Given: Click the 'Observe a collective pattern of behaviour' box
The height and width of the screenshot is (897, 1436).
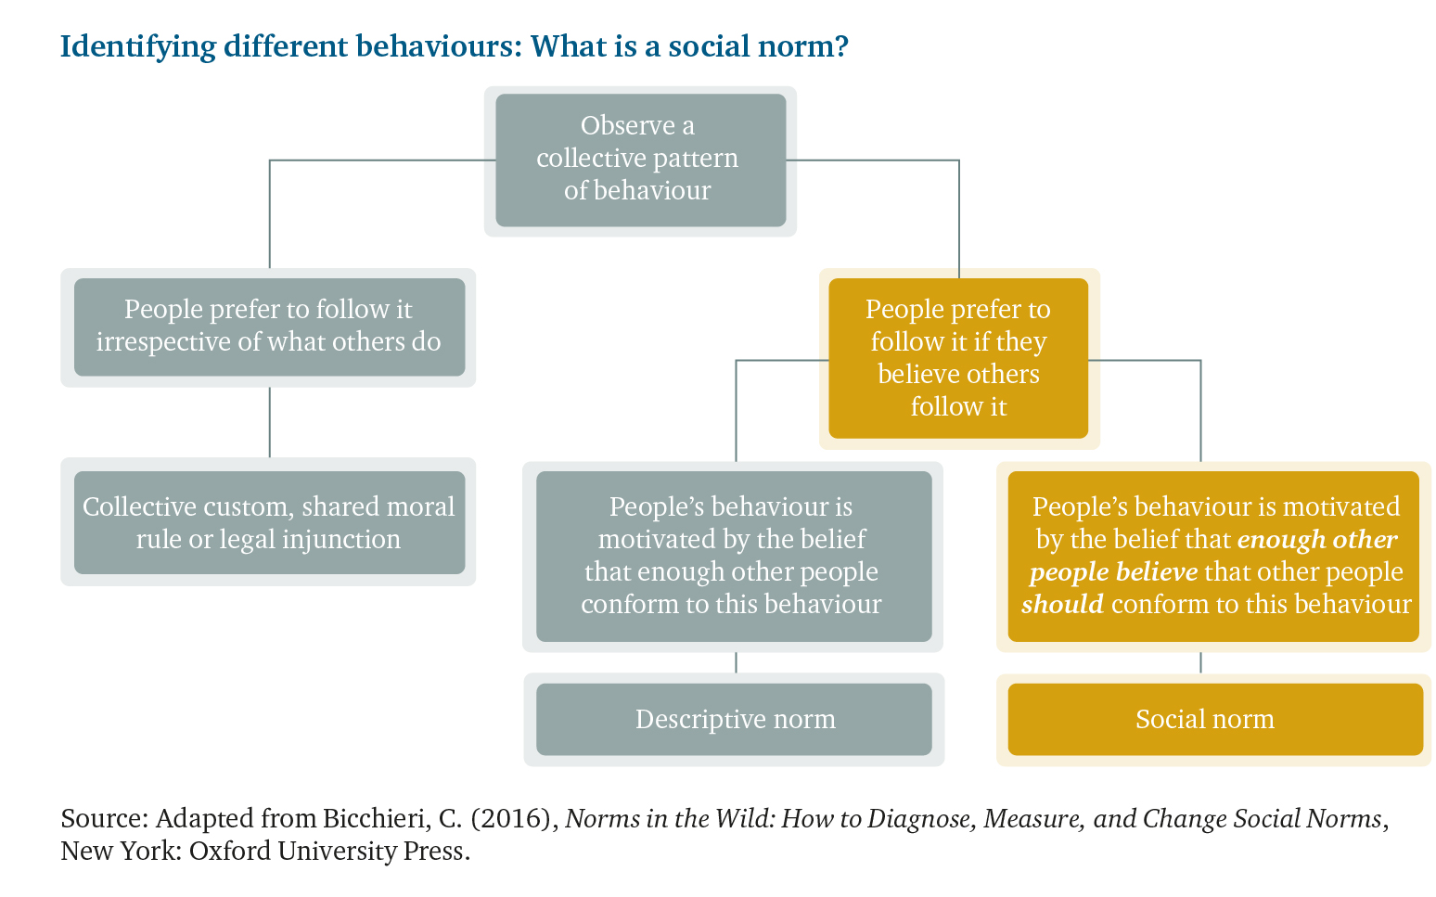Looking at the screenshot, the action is [x=640, y=160].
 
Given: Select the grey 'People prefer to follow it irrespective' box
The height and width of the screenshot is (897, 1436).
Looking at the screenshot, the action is [x=269, y=327].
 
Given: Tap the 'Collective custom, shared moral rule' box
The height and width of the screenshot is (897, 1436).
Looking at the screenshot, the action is [x=269, y=522].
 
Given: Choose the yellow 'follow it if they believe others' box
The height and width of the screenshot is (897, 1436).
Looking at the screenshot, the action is [x=958, y=358].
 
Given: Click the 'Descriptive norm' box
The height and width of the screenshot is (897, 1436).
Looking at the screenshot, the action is [x=734, y=720].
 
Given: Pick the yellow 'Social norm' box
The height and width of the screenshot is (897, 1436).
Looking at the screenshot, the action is [x=1215, y=720].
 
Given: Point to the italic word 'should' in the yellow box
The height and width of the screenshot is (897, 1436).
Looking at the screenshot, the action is [x=1062, y=604].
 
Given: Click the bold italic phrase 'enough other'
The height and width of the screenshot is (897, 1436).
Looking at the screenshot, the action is [x=1316, y=539].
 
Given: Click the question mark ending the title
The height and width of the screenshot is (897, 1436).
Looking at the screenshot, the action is [x=841, y=45].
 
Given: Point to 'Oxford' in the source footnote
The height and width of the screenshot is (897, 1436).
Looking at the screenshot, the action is [x=229, y=852].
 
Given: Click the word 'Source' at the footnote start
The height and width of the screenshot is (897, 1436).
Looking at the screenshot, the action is [x=101, y=818].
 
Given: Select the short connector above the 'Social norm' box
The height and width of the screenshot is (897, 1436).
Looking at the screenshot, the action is [x=1200, y=663].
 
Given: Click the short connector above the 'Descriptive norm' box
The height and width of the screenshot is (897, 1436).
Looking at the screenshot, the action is [x=736, y=663].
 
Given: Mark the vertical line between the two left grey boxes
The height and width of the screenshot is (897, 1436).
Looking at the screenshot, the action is [x=270, y=423].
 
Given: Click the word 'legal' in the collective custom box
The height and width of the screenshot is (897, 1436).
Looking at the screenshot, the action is [x=247, y=540].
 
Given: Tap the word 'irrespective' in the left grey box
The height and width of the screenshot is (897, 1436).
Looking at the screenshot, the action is [x=163, y=342].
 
